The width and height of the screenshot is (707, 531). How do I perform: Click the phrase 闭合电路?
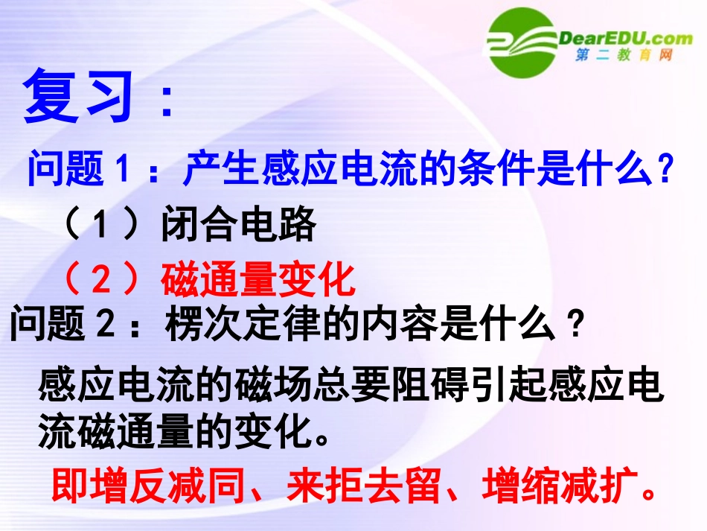[238, 225]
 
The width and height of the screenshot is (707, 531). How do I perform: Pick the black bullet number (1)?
[101, 225]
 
